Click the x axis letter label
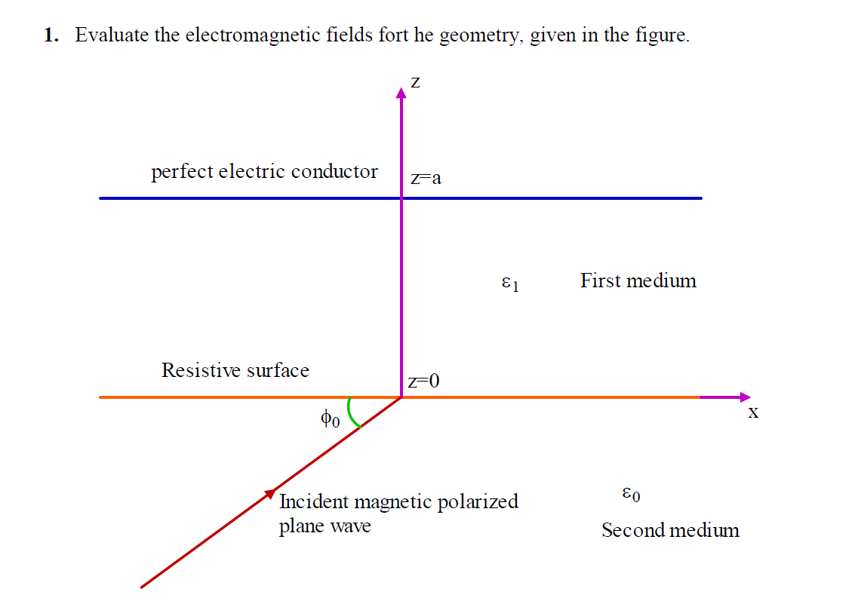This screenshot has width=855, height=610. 752,412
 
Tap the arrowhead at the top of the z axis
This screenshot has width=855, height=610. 401,92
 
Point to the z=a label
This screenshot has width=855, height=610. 426,179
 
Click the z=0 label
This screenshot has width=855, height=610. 423,382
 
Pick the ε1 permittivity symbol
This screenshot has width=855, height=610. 510,284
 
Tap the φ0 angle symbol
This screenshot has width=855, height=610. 330,418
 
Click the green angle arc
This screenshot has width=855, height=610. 352,413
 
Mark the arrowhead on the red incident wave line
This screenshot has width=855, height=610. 270,493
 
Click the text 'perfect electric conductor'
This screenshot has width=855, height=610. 264,172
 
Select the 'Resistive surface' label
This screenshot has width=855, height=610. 235,370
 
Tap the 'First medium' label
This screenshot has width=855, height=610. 638,280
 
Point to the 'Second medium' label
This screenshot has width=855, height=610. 670,530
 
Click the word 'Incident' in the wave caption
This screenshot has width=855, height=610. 314,501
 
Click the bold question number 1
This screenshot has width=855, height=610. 50,35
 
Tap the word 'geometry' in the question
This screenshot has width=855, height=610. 480,36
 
